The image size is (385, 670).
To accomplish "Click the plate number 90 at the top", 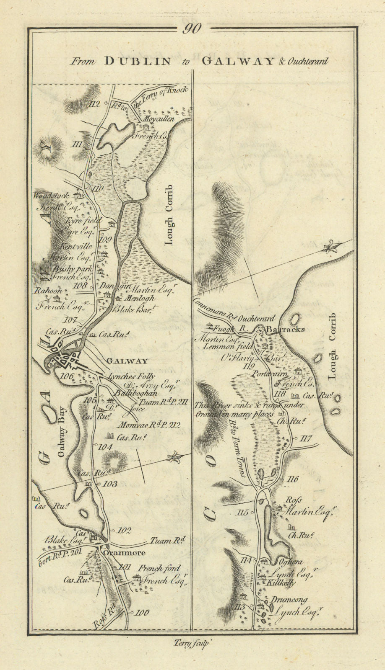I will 192,28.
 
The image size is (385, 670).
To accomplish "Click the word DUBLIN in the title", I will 138,61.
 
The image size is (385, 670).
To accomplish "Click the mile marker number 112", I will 96,104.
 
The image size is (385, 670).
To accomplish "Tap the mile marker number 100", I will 142,613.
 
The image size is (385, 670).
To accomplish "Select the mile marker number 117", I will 306,438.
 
